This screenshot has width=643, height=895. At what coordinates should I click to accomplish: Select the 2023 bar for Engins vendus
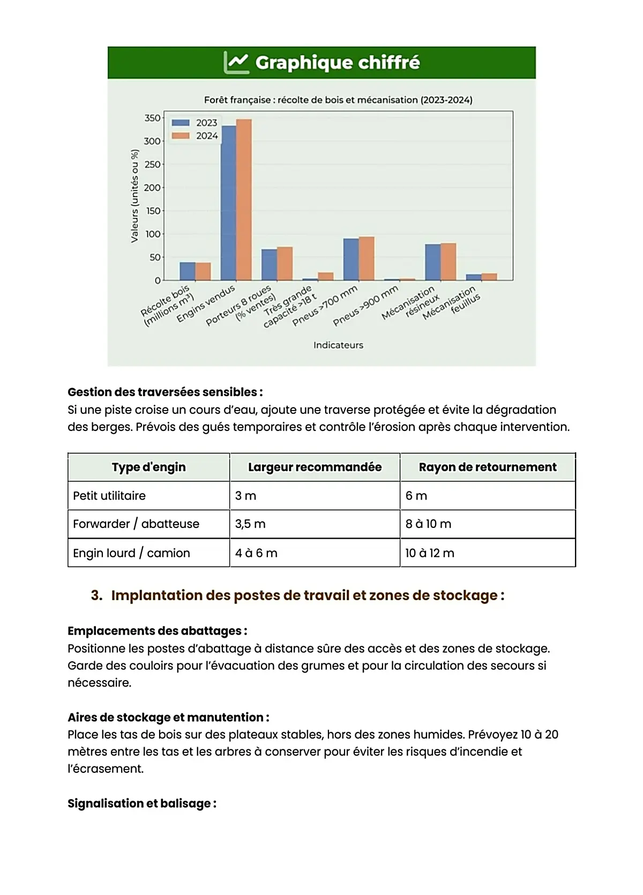click(229, 203)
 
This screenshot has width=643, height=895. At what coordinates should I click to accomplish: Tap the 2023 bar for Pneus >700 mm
click(351, 259)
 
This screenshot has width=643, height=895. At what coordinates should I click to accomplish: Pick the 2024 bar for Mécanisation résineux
click(448, 262)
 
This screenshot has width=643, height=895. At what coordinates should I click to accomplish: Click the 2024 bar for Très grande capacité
click(326, 277)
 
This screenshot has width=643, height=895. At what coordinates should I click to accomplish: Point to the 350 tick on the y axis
click(152, 118)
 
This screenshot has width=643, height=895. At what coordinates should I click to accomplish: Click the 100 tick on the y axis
click(152, 234)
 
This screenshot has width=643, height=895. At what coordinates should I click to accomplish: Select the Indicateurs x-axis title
click(338, 345)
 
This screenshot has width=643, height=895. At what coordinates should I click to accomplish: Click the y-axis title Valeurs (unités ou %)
click(134, 196)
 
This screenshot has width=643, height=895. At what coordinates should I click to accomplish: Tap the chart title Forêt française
click(338, 100)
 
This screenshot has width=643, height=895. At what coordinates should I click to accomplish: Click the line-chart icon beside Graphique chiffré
click(236, 63)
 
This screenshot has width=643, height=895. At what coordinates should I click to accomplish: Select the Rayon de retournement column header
click(488, 467)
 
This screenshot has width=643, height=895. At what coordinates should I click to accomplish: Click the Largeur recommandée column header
click(315, 467)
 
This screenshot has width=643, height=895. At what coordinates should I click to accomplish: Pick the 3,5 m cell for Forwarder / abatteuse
click(250, 524)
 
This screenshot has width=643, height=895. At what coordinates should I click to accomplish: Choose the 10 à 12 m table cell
click(430, 553)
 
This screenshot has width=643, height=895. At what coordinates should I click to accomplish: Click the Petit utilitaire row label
click(109, 496)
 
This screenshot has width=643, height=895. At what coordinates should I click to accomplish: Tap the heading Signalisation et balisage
click(141, 804)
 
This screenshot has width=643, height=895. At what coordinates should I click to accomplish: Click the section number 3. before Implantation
click(96, 596)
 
